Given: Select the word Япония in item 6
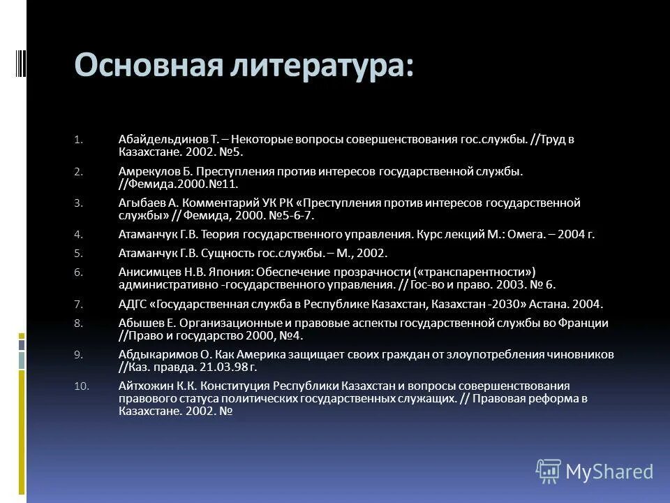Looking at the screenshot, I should pyautogui.click(x=235, y=272).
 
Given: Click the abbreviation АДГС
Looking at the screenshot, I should pyautogui.click(x=133, y=304).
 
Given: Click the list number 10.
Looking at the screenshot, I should pyautogui.click(x=81, y=386).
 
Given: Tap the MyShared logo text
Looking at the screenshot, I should pyautogui.click(x=609, y=472).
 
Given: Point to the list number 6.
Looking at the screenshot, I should pyautogui.click(x=79, y=272).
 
